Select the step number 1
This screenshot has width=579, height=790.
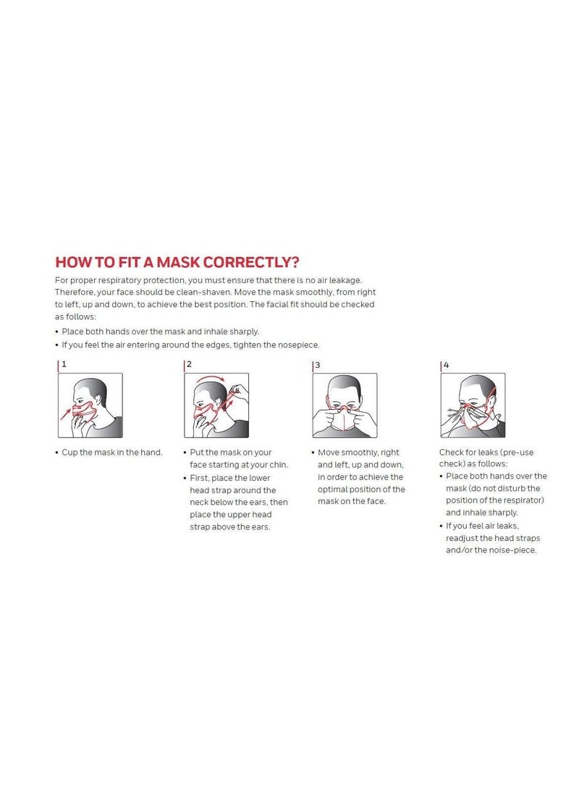point(64,364)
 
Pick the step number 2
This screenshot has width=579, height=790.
point(189,364)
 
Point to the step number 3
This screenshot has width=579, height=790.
point(317,365)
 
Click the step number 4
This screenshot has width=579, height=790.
point(446,365)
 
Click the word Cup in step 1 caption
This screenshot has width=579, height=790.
point(69,453)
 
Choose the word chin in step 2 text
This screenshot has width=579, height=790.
point(277,465)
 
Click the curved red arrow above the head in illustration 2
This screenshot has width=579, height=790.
point(211,378)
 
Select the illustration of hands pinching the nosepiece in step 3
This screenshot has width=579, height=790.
point(345,405)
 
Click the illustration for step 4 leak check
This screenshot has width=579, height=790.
point(473,405)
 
